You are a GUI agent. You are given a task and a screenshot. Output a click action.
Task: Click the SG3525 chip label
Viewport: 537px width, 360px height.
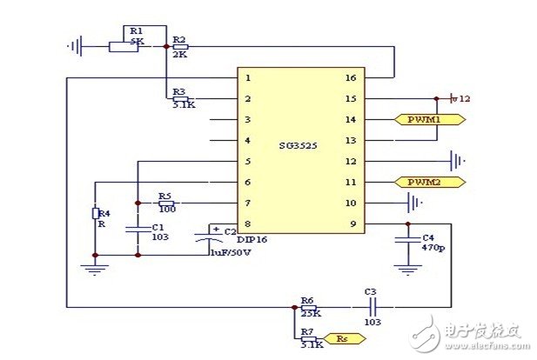click(x=298, y=147)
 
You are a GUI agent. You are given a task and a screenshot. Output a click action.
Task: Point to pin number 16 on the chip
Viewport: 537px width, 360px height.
click(x=351, y=78)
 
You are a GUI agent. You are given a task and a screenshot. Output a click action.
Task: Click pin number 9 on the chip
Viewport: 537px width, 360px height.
click(x=352, y=224)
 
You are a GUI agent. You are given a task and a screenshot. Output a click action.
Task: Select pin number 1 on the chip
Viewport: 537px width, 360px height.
click(x=248, y=78)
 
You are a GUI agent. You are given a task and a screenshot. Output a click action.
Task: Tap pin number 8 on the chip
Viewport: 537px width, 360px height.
click(x=248, y=224)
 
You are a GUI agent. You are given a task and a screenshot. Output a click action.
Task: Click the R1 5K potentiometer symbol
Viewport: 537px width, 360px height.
click(x=124, y=44)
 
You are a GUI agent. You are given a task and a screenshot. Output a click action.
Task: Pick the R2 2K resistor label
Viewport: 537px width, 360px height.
click(x=179, y=46)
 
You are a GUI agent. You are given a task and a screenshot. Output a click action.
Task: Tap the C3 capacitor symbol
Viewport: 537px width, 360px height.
click(x=371, y=306)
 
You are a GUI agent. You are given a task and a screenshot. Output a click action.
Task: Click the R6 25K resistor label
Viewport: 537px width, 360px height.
click(x=308, y=307)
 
